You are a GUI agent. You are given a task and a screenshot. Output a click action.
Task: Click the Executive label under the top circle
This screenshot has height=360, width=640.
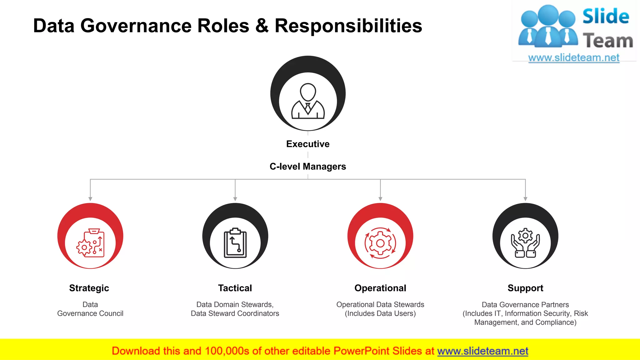pos(308,144)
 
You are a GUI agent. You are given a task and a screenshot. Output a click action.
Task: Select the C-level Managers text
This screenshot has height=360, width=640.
pos(308,167)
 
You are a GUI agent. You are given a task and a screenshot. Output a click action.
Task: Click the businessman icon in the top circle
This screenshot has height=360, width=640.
pos(308,101)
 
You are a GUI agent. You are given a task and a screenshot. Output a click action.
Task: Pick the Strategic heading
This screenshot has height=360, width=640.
pos(89,288)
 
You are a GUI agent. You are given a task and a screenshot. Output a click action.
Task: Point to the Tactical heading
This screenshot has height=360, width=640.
pos(235,288)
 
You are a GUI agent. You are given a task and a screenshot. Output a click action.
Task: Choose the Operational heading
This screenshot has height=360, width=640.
pos(380,288)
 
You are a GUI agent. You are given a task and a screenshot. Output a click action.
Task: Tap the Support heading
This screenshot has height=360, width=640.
pos(525,288)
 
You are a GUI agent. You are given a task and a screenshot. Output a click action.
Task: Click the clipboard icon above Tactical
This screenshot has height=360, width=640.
pos(235,243)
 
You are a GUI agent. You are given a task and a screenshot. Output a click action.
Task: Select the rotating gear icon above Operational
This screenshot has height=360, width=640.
pos(380,243)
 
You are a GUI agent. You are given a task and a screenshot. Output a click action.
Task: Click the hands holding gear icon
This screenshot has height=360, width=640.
pos(525,243)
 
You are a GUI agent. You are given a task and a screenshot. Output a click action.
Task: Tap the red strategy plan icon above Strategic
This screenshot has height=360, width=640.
pos(90,243)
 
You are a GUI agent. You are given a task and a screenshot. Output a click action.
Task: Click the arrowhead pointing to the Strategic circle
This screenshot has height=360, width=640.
pos(90,199)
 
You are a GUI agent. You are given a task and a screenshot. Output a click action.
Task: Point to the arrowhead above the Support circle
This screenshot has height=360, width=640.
pos(525,199)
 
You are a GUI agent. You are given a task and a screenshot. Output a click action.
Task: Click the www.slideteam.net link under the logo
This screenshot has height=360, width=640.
pos(574,58)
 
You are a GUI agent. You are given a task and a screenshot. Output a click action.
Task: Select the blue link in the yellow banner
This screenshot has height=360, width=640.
pos(482,351)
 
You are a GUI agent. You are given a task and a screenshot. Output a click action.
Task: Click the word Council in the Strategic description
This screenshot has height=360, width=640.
pos(111,313)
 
